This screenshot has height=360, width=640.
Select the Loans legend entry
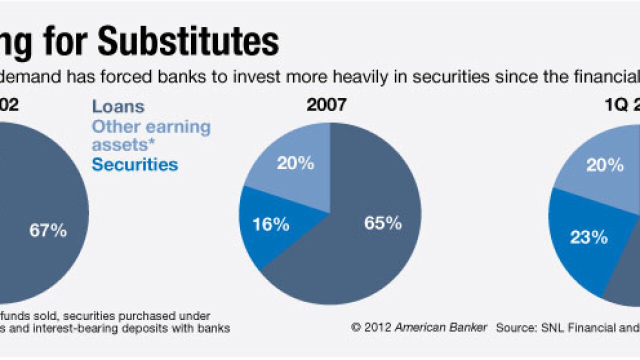[x=118, y=106]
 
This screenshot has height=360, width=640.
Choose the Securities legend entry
[x=134, y=164]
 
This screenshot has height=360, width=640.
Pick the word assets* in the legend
[x=120, y=145]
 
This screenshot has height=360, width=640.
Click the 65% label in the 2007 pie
[x=382, y=223]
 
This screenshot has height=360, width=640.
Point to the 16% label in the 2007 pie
[x=270, y=224]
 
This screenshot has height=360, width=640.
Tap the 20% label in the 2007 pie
[x=295, y=163]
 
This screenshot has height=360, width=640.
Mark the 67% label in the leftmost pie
[x=48, y=230]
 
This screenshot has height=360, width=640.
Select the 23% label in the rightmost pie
[x=588, y=237]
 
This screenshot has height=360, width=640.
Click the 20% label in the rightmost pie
[x=604, y=165]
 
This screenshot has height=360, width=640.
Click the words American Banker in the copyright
[x=440, y=327]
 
